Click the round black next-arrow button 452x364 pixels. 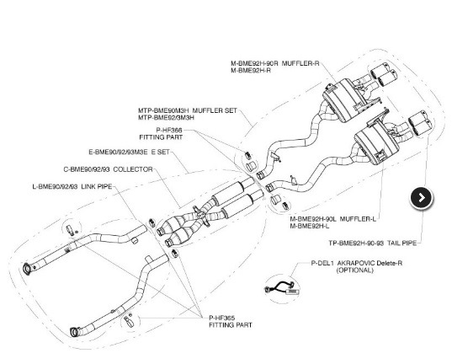pyautogui.click(x=421, y=198)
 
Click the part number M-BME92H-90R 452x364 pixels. pyautogui.click(x=254, y=63)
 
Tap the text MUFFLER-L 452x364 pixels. pyautogui.click(x=358, y=219)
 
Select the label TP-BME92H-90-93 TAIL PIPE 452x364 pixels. pyautogui.click(x=372, y=243)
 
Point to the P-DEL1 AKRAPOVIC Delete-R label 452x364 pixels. pyautogui.click(x=357, y=263)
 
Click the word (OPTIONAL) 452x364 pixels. pyautogui.click(x=355, y=270)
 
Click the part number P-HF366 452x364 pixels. pyautogui.click(x=169, y=131)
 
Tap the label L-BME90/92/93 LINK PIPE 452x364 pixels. pyautogui.click(x=72, y=186)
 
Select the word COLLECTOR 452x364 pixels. pyautogui.click(x=133, y=169)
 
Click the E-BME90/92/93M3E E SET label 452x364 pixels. pyautogui.click(x=129, y=152)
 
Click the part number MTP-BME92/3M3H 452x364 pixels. pyautogui.click(x=166, y=118)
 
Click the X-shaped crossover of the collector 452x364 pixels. pyautogui.click(x=203, y=214)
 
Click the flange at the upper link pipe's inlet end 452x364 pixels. pyautogui.click(x=27, y=268)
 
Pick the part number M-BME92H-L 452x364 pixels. pyautogui.click(x=310, y=226)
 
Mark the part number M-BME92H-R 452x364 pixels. pyautogui.click(x=251, y=71)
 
